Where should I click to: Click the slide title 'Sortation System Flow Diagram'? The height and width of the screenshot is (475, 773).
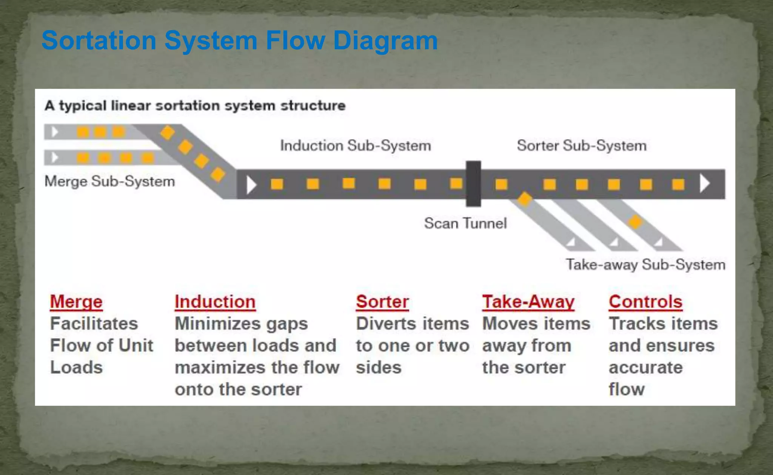239,40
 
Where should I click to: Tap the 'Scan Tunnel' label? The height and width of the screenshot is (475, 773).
465,223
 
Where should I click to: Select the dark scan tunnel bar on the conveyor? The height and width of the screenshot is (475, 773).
473,184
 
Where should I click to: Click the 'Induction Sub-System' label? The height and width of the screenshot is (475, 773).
355,146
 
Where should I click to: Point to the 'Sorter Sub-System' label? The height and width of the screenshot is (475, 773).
581,146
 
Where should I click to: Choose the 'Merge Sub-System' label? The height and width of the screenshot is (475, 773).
109,181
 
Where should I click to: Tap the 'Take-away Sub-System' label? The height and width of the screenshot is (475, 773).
645,265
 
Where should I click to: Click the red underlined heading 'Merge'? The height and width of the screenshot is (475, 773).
76,302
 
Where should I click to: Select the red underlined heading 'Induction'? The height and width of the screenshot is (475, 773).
215,302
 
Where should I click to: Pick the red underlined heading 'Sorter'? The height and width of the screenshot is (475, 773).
382,302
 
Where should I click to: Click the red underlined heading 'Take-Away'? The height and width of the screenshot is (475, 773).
528,302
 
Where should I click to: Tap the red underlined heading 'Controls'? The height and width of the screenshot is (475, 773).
645,302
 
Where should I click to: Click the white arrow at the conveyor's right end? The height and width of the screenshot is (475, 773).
704,184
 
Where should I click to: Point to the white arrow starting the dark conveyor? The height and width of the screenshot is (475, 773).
251,185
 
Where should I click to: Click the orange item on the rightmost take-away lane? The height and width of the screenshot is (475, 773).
635,222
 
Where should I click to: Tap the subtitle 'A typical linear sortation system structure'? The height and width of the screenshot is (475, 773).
195,106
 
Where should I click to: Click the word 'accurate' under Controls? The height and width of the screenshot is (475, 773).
645,368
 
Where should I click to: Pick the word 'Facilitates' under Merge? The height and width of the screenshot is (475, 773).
94,323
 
